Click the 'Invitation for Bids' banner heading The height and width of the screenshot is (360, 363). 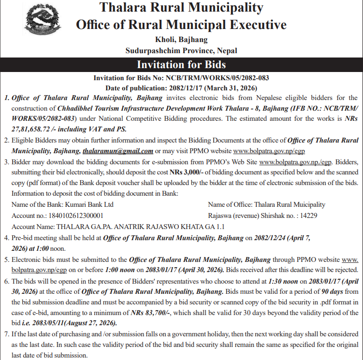click(181, 65)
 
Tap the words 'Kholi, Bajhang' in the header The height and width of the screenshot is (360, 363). click(181, 40)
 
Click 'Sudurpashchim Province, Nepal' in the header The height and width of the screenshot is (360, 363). click(181, 50)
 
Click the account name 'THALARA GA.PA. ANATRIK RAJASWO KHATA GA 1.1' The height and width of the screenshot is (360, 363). click(118, 226)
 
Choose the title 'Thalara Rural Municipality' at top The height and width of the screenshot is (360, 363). click(181, 8)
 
